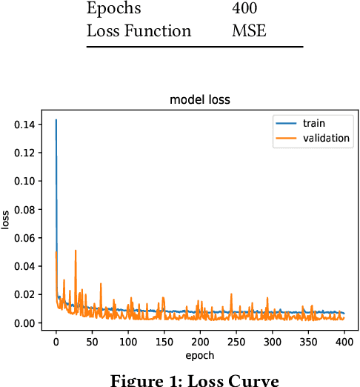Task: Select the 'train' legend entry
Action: (314, 123)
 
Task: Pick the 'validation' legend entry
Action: (326, 138)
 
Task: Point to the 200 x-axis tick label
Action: (200, 343)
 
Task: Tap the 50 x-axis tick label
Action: (92, 343)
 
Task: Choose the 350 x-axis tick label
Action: (308, 343)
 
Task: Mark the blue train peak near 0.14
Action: (56, 120)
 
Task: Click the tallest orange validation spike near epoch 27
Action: (76, 251)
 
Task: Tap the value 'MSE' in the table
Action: (249, 31)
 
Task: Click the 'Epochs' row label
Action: (113, 10)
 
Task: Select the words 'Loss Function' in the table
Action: (139, 31)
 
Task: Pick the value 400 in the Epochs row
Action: (245, 9)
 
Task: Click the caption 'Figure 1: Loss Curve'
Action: (194, 381)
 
